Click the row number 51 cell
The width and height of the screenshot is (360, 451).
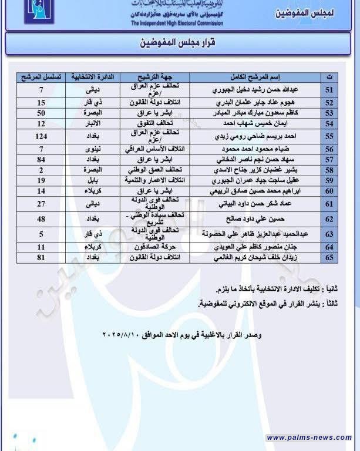pyautogui.click(x=329, y=90)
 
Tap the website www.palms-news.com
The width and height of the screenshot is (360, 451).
pyautogui.click(x=309, y=437)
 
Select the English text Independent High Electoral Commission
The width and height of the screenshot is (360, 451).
pyautogui.click(x=177, y=23)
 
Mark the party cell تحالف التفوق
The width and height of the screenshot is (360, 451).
pyautogui.click(x=155, y=123)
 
